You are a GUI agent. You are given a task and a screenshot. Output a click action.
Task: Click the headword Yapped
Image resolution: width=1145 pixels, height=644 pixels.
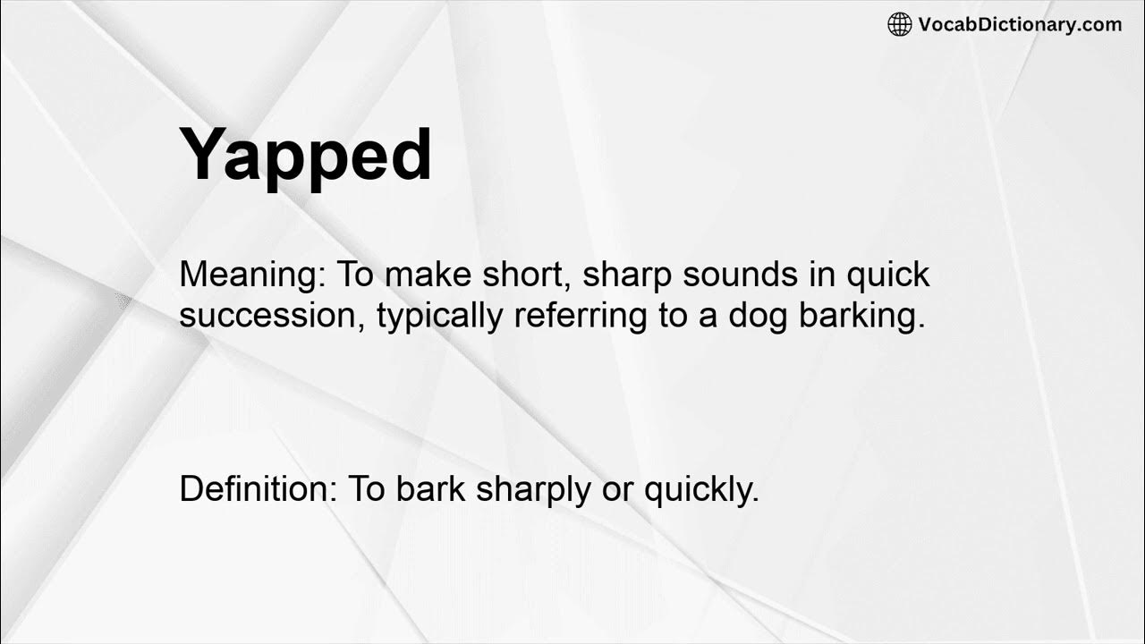point(306,156)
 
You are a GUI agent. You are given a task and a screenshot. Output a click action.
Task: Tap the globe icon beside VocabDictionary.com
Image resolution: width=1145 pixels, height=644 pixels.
point(899,25)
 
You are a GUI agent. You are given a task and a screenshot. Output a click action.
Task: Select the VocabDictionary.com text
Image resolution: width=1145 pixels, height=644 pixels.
point(1020,25)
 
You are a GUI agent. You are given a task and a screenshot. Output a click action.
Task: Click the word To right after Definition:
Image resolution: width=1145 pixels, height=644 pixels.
point(365,489)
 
